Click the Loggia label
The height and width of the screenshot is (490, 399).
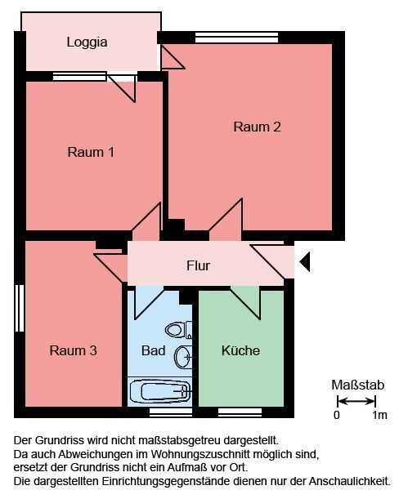tap(87, 42)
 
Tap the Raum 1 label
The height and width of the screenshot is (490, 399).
tap(91, 152)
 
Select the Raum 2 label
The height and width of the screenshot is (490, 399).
tap(257, 127)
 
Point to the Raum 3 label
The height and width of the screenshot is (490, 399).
tap(73, 350)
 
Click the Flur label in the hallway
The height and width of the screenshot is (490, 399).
tap(198, 265)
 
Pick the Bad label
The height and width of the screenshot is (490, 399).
tap(153, 350)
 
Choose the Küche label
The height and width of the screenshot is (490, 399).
tap(240, 350)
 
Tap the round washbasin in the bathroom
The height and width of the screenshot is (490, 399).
tap(183, 357)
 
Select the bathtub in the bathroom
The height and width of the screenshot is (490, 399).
tap(160, 391)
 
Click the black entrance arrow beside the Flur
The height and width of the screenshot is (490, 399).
tap(305, 261)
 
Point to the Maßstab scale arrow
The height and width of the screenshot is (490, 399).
tap(356, 401)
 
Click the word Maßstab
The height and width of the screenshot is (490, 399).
tap(357, 385)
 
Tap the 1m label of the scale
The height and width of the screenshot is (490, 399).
tap(379, 415)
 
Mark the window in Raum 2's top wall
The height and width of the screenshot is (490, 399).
tap(236, 38)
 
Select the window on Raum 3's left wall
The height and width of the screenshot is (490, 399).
tap(20, 308)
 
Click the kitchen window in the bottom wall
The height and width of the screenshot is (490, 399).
tap(240, 412)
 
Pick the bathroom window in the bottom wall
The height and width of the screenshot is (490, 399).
tap(171, 412)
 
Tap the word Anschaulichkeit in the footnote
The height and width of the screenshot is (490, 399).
tap(350, 481)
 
